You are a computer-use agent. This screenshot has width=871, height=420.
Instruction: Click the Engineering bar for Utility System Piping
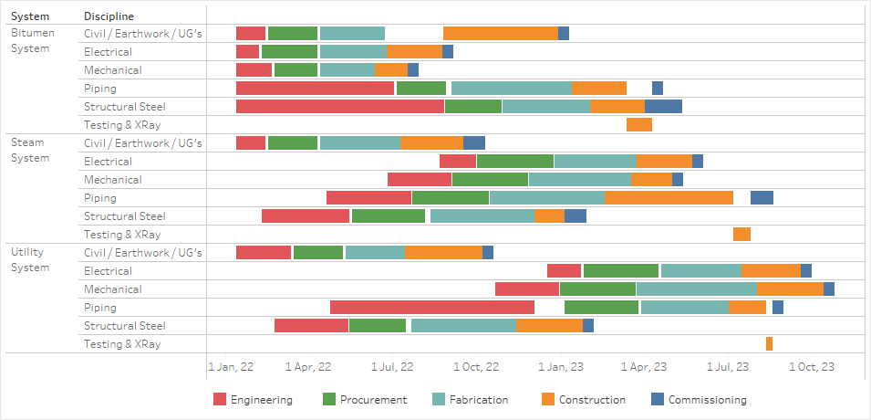(431, 307)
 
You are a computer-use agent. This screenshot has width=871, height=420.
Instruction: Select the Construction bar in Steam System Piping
(669, 197)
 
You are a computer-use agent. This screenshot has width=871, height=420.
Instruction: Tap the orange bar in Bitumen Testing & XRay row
(638, 124)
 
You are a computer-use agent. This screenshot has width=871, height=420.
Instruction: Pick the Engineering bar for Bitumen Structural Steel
(339, 106)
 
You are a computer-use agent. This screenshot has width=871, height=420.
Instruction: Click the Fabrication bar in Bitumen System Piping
(511, 88)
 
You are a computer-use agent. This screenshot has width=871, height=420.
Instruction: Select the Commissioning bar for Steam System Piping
(762, 197)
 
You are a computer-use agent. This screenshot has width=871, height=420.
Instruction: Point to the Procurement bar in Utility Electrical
(620, 270)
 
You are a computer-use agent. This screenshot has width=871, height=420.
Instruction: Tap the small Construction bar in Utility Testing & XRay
(769, 343)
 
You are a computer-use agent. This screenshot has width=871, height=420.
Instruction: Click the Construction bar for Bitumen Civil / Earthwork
(500, 33)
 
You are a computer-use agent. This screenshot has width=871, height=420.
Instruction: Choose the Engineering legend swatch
(220, 399)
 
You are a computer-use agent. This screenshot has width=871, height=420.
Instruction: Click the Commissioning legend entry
(707, 399)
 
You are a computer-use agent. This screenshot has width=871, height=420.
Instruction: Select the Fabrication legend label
(479, 399)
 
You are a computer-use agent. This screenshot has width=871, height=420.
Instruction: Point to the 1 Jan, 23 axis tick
(561, 367)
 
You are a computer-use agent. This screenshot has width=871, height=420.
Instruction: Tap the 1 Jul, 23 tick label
(729, 367)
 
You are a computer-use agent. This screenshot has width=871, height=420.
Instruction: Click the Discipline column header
(109, 16)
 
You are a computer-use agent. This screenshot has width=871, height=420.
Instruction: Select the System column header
(30, 16)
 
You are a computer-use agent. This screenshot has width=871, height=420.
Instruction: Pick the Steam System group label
(30, 150)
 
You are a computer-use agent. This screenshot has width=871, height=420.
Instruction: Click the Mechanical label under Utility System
(112, 289)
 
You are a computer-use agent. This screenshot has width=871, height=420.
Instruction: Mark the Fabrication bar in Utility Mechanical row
(695, 289)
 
